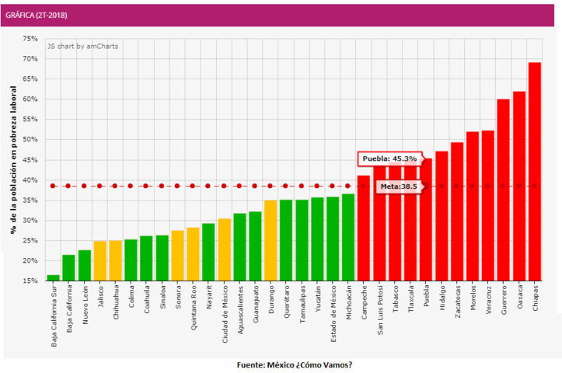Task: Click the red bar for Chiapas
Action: pyautogui.click(x=534, y=171)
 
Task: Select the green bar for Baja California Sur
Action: pyautogui.click(x=53, y=277)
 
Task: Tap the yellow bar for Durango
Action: pyautogui.click(x=271, y=240)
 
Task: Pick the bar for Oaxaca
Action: pyautogui.click(x=519, y=186)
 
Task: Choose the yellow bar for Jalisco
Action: pyautogui.click(x=99, y=261)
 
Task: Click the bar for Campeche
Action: pyautogui.click(x=364, y=228)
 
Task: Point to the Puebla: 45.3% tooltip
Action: pyautogui.click(x=390, y=159)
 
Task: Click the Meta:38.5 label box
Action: pyautogui.click(x=400, y=186)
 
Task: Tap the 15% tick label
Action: pyautogui.click(x=30, y=281)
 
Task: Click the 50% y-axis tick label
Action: pyautogui.click(x=30, y=139)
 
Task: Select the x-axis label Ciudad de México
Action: pyautogui.click(x=225, y=314)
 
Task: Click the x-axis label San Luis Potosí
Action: pyautogui.click(x=380, y=310)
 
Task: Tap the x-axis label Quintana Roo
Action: pyautogui.click(x=194, y=308)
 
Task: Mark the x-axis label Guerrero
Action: pyautogui.click(x=504, y=300)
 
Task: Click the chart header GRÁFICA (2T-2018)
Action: pyautogui.click(x=37, y=15)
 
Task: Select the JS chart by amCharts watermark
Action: pyautogui.click(x=83, y=46)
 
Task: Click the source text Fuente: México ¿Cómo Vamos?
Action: pyautogui.click(x=295, y=364)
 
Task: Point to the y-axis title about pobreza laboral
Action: pyautogui.click(x=13, y=160)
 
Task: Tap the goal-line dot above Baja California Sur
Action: pyautogui.click(x=53, y=186)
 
